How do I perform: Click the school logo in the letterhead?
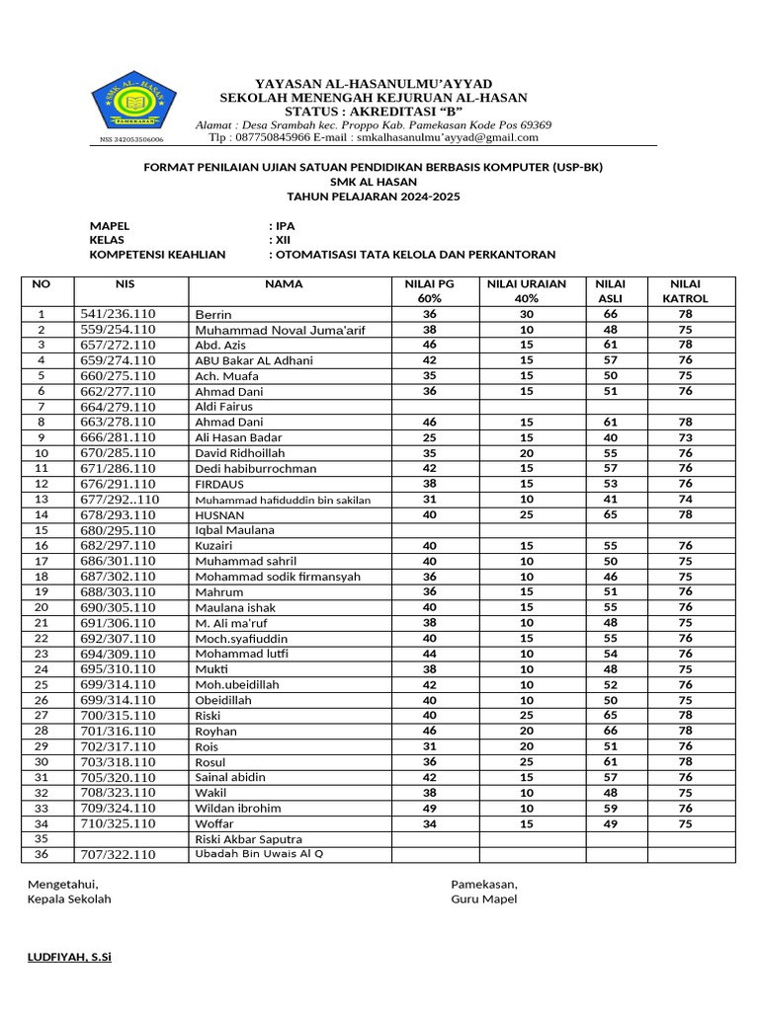coord(133,104)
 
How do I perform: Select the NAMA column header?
coord(284,284)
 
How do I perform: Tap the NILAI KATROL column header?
coord(685,291)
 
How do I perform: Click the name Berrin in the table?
coord(212,314)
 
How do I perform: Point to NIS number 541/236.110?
coord(118,314)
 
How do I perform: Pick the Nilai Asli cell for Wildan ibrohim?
coord(611,808)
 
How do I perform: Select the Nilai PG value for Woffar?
coord(429,823)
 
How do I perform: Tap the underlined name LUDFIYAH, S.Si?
coord(69,958)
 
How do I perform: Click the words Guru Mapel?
coord(483,899)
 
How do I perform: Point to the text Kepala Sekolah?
coord(69,899)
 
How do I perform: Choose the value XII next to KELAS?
coord(285,240)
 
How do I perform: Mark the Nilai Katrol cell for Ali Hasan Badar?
coord(685,437)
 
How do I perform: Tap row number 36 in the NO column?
coord(42,855)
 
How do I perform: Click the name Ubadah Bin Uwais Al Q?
coord(259,854)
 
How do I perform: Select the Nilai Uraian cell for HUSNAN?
coord(527,514)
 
